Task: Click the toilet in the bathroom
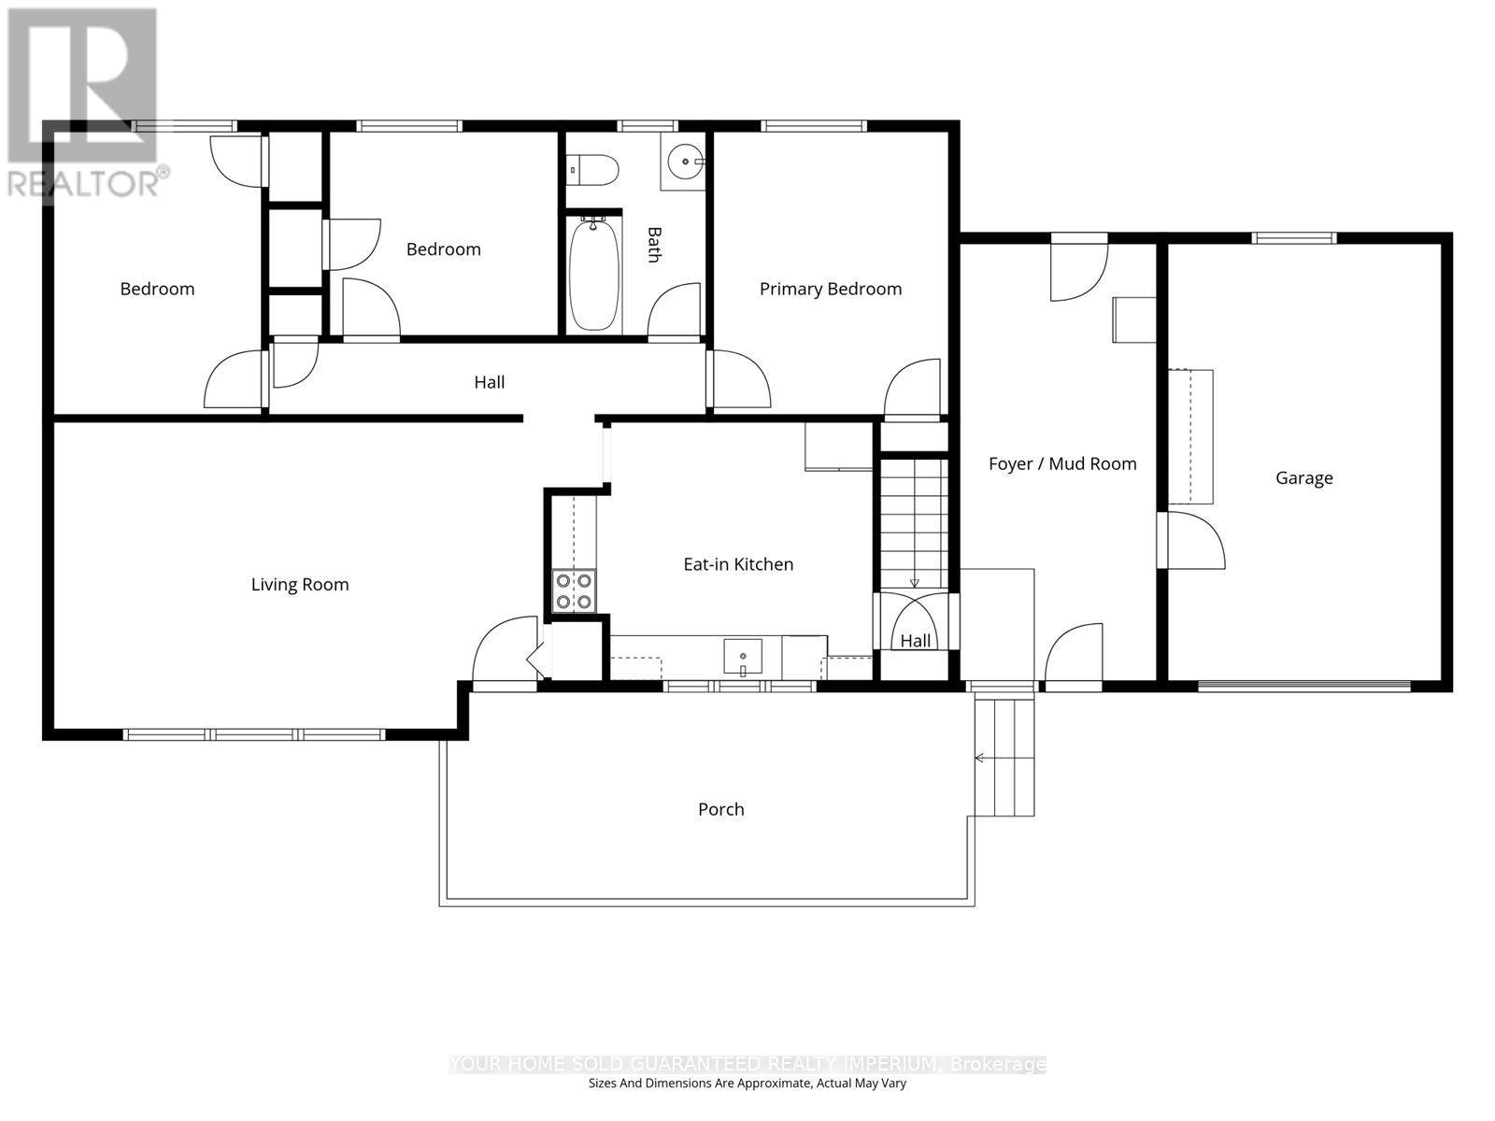(591, 169)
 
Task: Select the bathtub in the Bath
(594, 274)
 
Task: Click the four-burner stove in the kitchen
(574, 590)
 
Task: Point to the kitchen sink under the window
(743, 657)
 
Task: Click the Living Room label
(300, 585)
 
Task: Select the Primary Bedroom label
(831, 290)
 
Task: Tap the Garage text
(1303, 477)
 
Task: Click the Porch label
(720, 809)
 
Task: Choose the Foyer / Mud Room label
(1061, 463)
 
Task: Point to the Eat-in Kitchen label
(738, 564)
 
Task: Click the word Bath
(654, 245)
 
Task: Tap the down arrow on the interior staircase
(914, 583)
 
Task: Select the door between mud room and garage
(1190, 540)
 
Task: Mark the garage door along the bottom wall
(1304, 686)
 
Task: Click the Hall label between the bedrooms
(489, 382)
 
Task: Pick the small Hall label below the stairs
(915, 641)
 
